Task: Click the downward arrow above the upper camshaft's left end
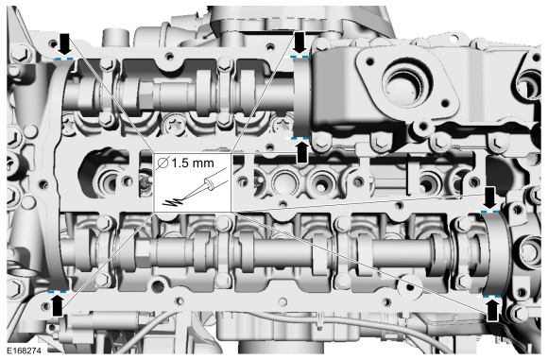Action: tap(64, 41)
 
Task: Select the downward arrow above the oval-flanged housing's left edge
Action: tap(300, 41)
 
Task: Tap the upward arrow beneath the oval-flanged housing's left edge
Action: tap(302, 152)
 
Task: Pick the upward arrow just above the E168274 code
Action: tap(58, 303)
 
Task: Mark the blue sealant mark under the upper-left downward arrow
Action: tap(64, 58)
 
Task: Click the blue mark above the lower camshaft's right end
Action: tap(490, 213)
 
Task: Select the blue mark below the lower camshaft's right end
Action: tap(491, 296)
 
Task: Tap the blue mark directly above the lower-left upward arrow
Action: tap(58, 290)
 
